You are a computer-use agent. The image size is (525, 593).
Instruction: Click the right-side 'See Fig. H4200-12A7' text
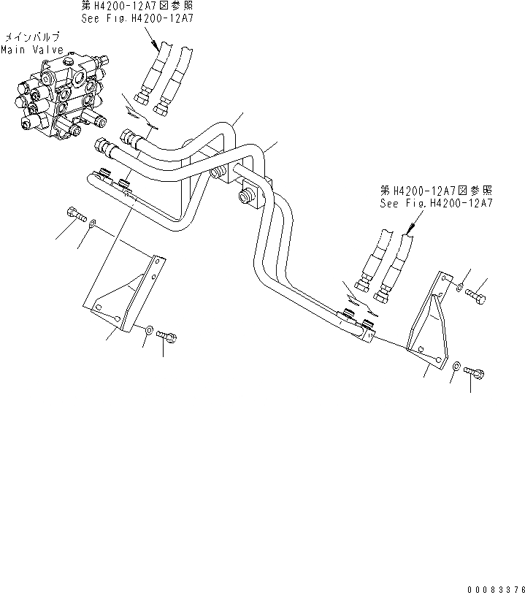(436, 204)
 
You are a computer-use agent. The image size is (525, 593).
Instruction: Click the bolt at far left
(73, 215)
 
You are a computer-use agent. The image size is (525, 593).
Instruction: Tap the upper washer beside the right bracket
(459, 288)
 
